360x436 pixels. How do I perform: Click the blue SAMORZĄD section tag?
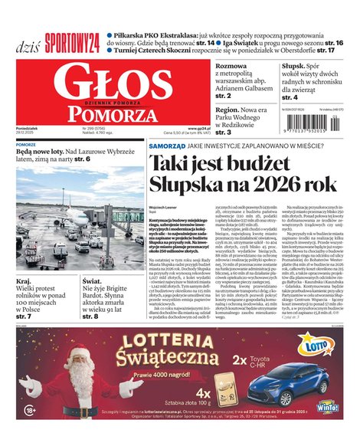(x=167, y=145)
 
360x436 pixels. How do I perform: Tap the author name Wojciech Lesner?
(x=163, y=206)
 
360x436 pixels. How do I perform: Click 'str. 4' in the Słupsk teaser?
(x=290, y=98)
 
